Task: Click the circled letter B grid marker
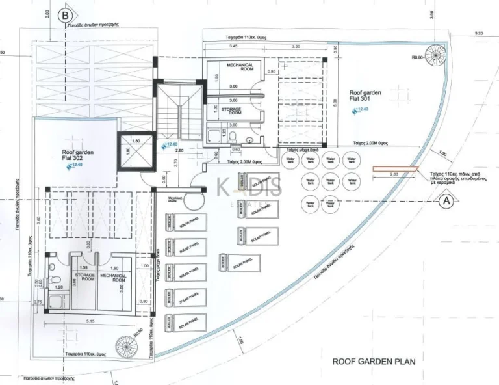[x=64, y=14]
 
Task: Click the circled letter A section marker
[x=446, y=201]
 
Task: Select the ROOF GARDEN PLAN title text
[x=374, y=361]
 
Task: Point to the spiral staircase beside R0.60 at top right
[x=433, y=52]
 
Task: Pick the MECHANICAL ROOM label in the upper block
[x=240, y=68]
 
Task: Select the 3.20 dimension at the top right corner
[x=480, y=33]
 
